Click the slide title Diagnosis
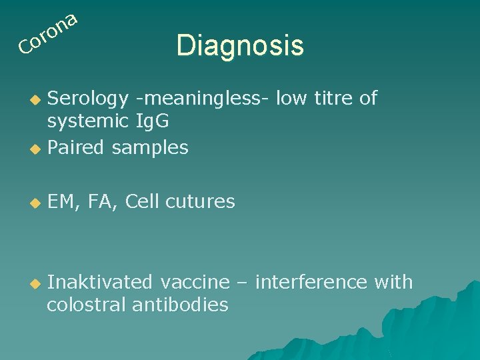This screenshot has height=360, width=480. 240,45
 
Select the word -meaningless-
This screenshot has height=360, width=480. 202,99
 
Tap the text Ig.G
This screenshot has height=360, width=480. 151,122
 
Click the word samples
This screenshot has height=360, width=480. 150,148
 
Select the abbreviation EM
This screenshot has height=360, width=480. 61,201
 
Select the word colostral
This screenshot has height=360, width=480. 87,305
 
